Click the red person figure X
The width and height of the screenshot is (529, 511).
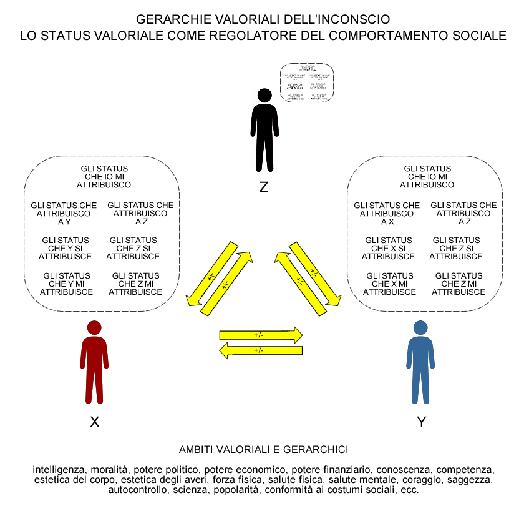tap(94, 365)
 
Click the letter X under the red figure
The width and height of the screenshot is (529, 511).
tap(95, 422)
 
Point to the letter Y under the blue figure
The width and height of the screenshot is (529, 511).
tap(422, 422)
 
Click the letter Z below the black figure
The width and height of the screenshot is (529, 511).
tap(264, 187)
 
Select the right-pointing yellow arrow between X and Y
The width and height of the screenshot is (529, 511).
tap(261, 335)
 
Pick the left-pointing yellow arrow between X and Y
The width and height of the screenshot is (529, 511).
tap(261, 350)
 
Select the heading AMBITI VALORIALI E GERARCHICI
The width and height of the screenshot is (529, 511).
tap(263, 449)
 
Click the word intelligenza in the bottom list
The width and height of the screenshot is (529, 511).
tap(60, 469)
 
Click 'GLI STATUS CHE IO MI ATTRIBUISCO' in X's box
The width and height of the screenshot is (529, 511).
tap(104, 177)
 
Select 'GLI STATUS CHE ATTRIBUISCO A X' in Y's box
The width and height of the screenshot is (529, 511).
tap(387, 213)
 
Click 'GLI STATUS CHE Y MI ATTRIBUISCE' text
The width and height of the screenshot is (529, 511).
tap(66, 284)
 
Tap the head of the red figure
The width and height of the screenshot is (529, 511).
tap(94, 328)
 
